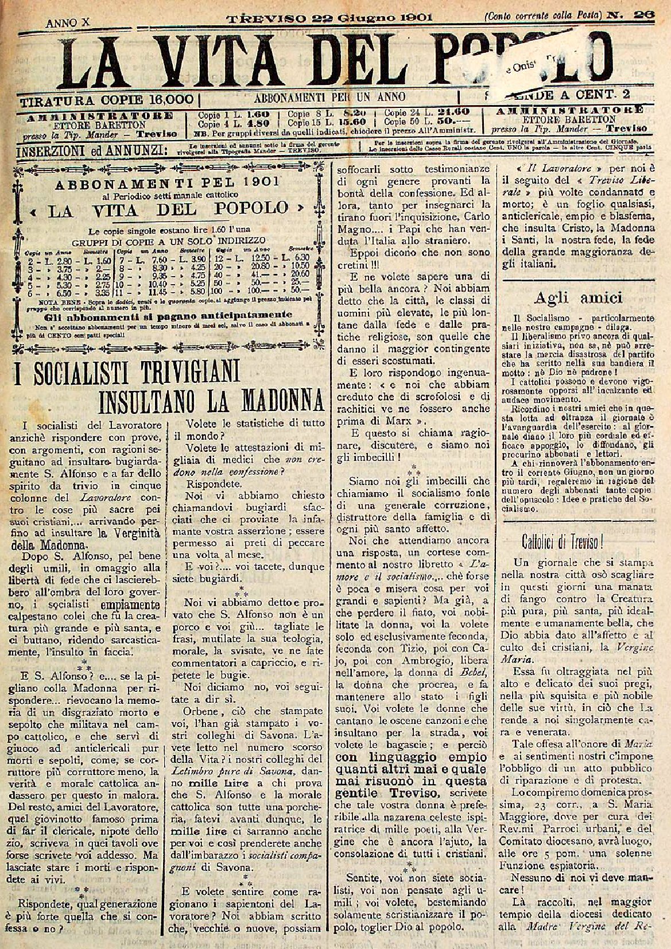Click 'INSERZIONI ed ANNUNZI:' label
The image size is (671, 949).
92,152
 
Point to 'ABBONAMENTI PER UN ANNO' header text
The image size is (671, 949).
333,96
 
